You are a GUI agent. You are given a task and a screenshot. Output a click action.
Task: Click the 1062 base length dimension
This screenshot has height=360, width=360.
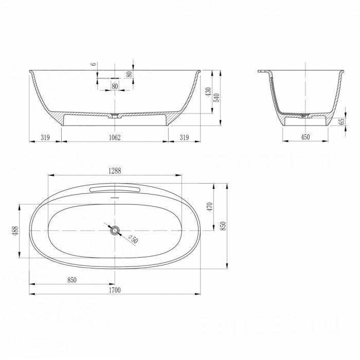click(x=115, y=137)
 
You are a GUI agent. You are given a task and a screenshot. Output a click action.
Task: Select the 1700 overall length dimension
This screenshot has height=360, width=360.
click(x=115, y=290)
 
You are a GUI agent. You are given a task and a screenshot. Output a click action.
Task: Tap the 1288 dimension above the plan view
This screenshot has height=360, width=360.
click(x=115, y=171)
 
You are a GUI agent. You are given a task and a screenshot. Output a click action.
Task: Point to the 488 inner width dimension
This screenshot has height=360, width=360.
click(x=15, y=231)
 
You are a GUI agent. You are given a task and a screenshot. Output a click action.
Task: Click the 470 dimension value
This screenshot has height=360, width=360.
click(x=210, y=207)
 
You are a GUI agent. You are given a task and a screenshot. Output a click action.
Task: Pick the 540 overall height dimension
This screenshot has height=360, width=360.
click(x=217, y=98)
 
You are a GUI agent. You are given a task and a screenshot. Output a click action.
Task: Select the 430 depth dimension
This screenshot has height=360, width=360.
click(x=208, y=92)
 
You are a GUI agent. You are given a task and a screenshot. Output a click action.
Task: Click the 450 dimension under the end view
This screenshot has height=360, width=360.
click(x=305, y=137)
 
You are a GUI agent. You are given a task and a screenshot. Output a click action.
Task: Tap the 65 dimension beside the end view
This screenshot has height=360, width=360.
click(x=342, y=121)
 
